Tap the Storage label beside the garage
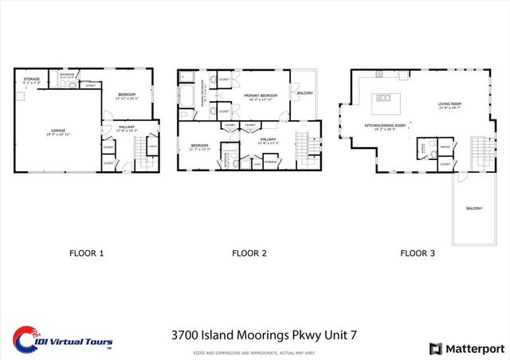(x=31, y=80)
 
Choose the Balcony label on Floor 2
(x=304, y=93)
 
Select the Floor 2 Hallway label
(x=268, y=141)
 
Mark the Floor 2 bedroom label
(x=198, y=147)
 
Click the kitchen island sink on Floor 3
(x=384, y=98)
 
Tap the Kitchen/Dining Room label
(x=385, y=127)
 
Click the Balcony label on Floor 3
(x=474, y=209)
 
